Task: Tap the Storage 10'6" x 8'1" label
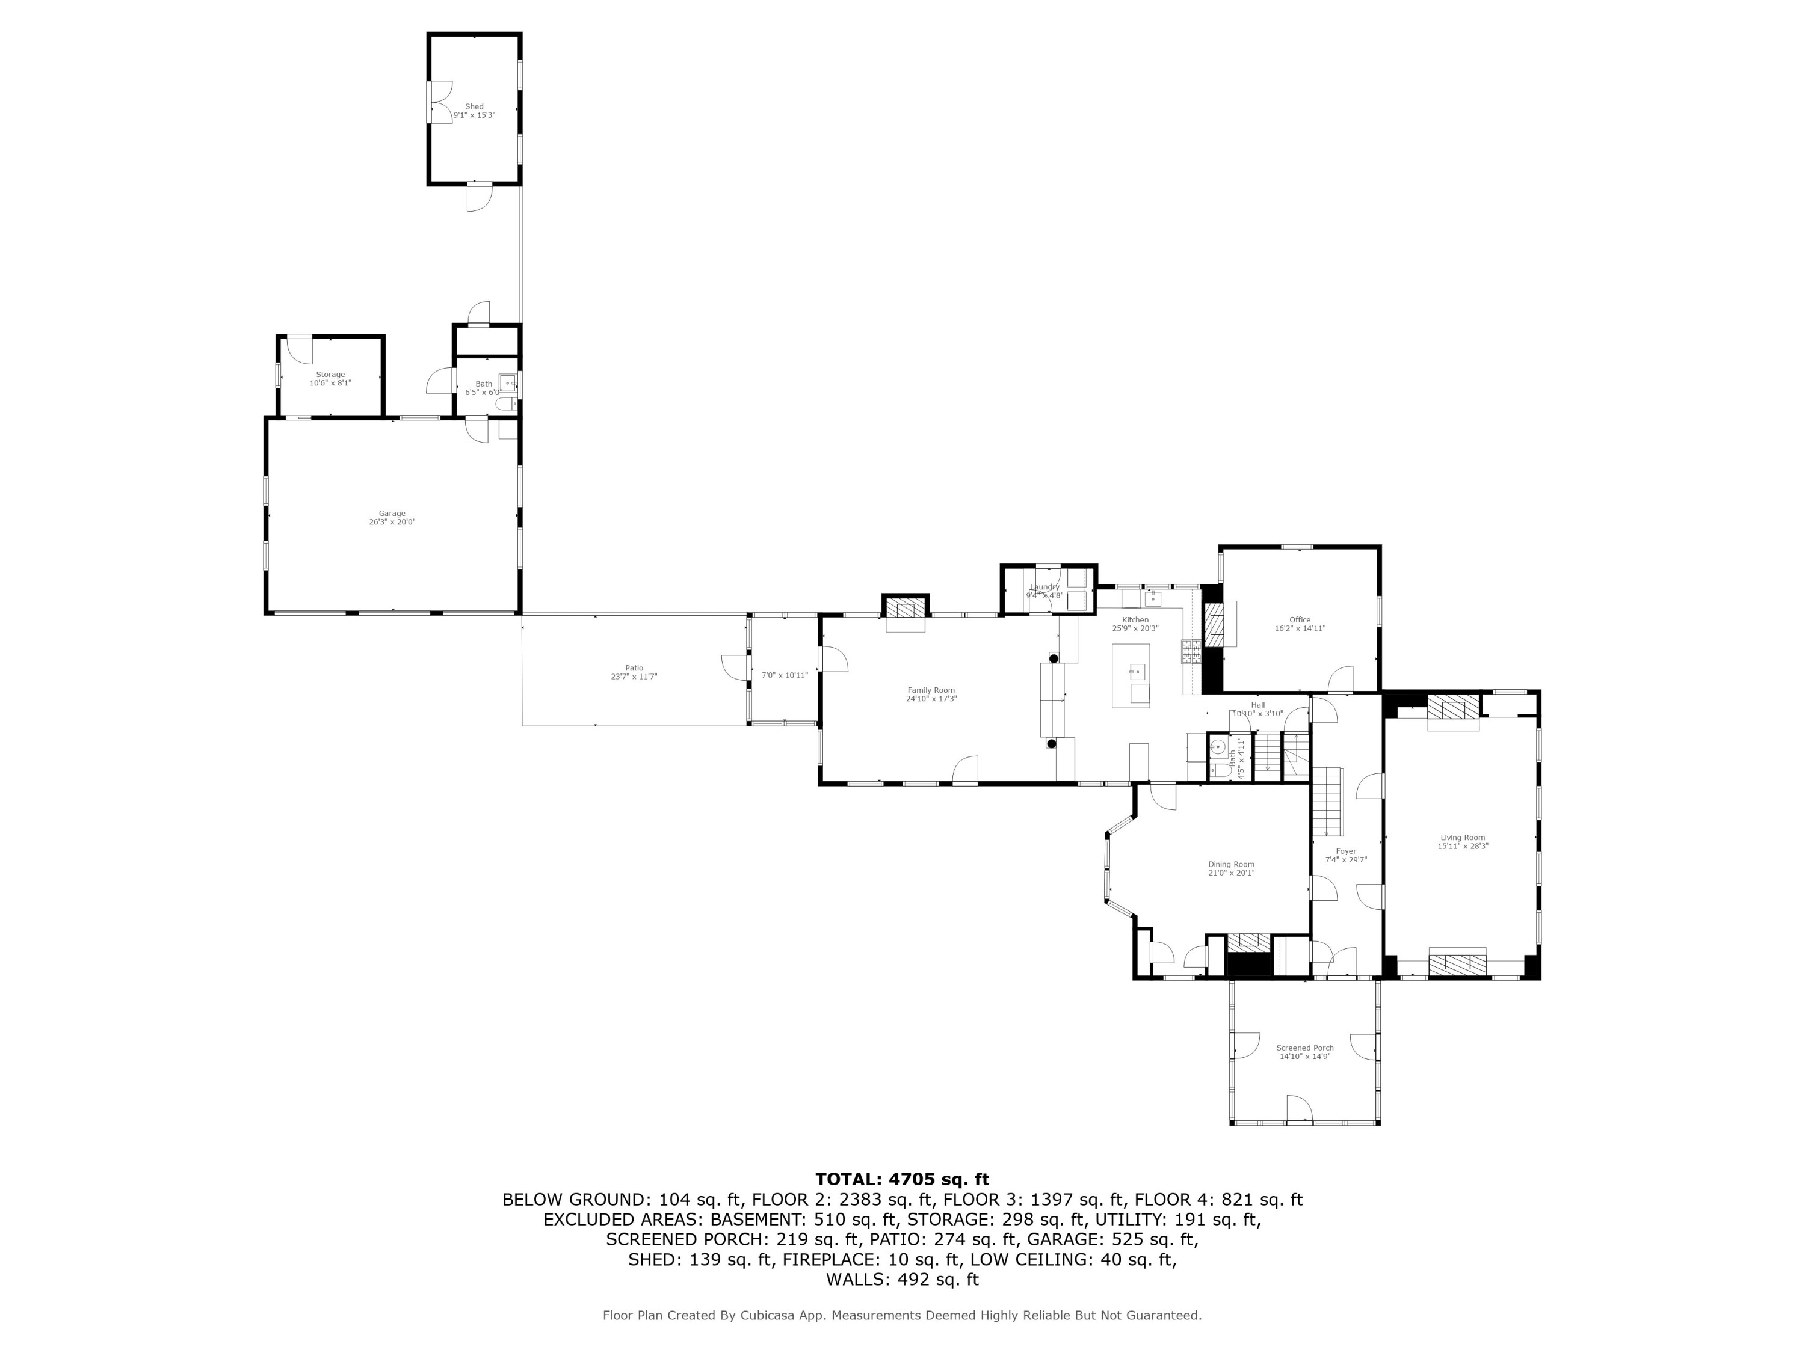pos(330,378)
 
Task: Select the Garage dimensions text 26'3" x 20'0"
pos(392,522)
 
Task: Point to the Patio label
pos(634,668)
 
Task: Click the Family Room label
pos(931,690)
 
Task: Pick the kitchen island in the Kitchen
pos(1131,675)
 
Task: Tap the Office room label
pos(1300,620)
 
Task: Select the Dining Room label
pos(1232,865)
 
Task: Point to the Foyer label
pos(1345,851)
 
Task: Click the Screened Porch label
pos(1305,1048)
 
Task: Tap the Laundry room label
pos(1044,587)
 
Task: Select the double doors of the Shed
pos(440,103)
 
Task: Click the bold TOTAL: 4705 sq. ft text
pos(902,1179)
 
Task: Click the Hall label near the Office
pos(1257,705)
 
